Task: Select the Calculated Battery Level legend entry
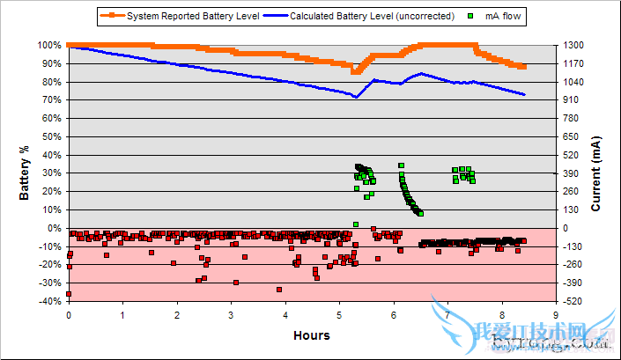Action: point(369,16)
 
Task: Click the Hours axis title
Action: point(312,334)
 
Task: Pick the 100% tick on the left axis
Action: point(48,45)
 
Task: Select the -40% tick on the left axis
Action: point(49,301)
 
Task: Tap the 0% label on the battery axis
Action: point(54,228)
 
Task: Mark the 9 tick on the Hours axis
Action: point(556,314)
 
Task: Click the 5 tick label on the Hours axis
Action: point(339,314)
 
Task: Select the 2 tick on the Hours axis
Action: point(177,314)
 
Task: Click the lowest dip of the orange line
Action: point(355,72)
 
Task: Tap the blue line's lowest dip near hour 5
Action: point(356,97)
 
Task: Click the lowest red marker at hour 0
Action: point(69,294)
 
